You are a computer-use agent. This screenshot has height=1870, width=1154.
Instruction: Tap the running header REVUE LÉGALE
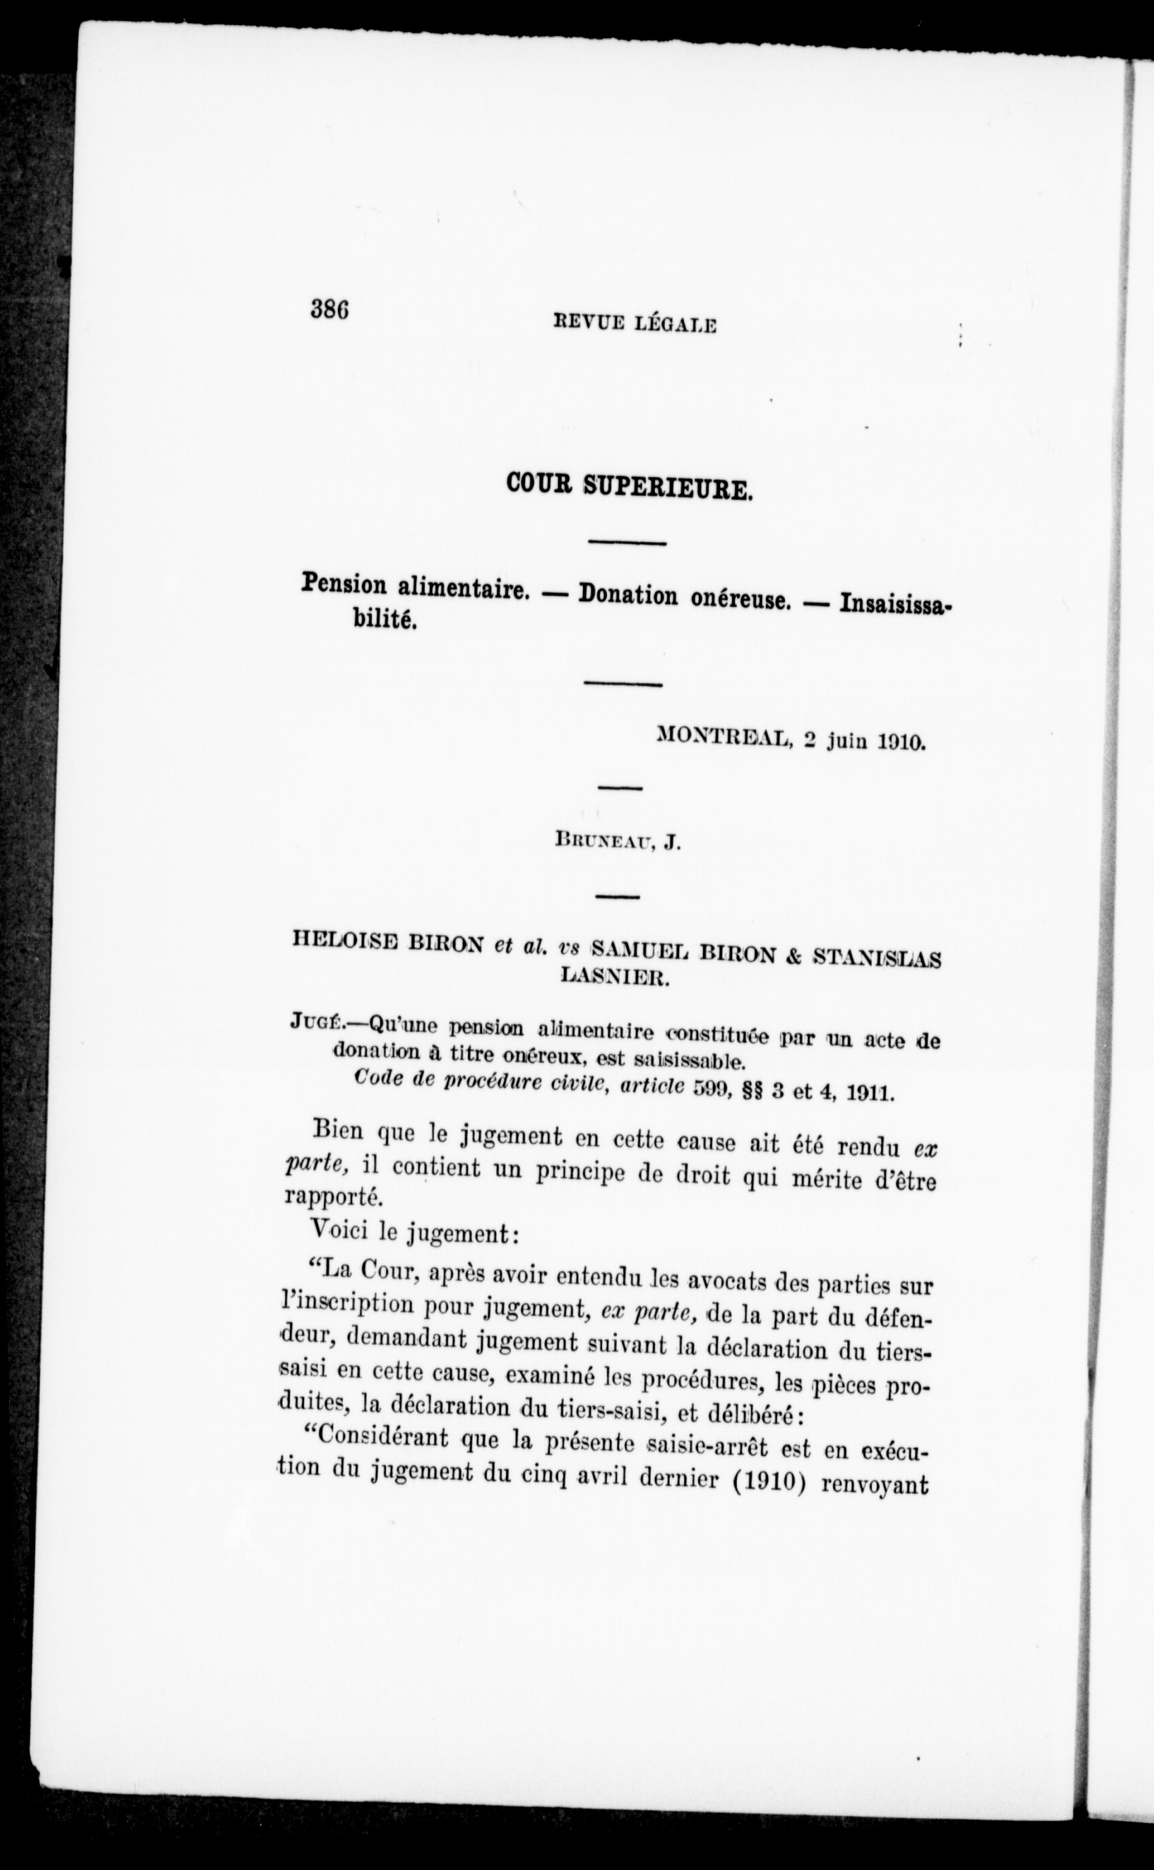tap(635, 325)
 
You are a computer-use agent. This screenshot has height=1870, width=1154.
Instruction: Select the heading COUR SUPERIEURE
tap(631, 486)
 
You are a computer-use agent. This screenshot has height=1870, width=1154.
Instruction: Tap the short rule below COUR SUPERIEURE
tap(626, 543)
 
